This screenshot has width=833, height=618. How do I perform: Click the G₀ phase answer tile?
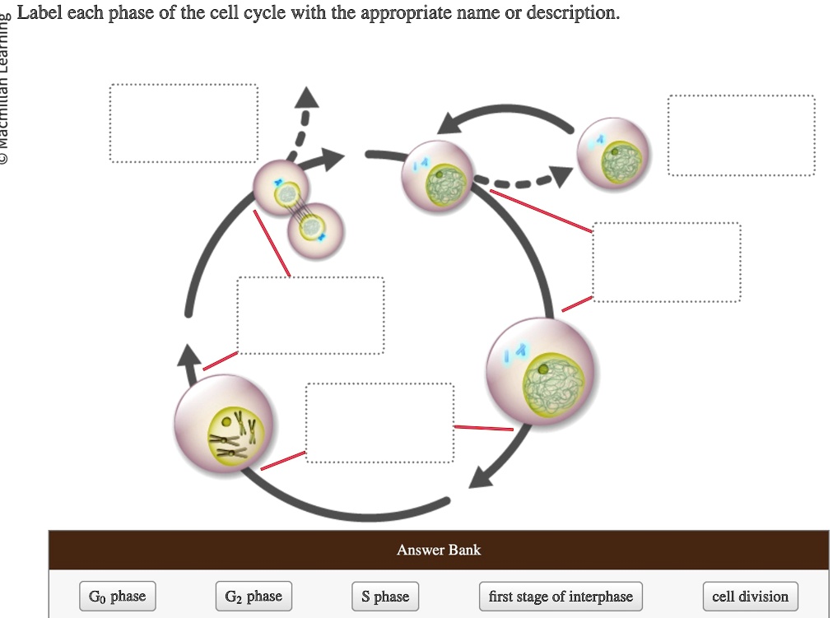click(x=118, y=597)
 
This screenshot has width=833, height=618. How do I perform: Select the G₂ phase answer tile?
click(x=254, y=597)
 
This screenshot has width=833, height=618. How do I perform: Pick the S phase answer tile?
click(x=384, y=597)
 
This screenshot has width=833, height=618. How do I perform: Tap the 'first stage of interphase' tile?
click(x=561, y=597)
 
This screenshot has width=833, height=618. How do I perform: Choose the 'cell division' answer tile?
click(x=750, y=597)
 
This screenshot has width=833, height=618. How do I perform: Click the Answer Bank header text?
click(x=439, y=550)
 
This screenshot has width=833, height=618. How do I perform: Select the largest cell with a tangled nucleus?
click(x=540, y=370)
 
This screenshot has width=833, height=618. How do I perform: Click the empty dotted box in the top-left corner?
click(x=184, y=123)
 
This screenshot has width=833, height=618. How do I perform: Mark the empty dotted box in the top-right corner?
click(x=742, y=136)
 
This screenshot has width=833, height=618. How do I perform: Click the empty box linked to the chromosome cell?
click(x=379, y=422)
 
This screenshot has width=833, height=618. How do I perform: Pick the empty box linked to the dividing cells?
click(x=310, y=315)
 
